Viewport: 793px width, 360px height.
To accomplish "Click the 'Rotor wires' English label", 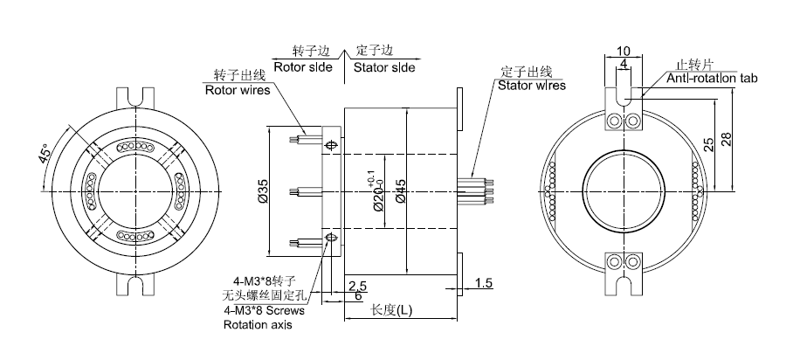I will tap(237, 89).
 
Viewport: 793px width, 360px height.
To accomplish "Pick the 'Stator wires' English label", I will tap(531, 86).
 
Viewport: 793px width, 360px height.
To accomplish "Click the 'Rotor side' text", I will tap(303, 67).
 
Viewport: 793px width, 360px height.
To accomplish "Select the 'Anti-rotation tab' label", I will tap(712, 78).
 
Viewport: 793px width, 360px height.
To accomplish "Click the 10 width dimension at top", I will tap(623, 50).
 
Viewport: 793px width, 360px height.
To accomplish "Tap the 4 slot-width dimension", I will tap(623, 65).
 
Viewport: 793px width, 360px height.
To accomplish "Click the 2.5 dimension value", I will tap(356, 285).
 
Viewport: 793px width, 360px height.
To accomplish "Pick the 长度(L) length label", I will tap(392, 309).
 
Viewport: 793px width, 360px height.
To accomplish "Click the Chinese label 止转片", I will tap(696, 65).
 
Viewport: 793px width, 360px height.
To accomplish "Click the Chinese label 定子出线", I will tap(528, 71).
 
